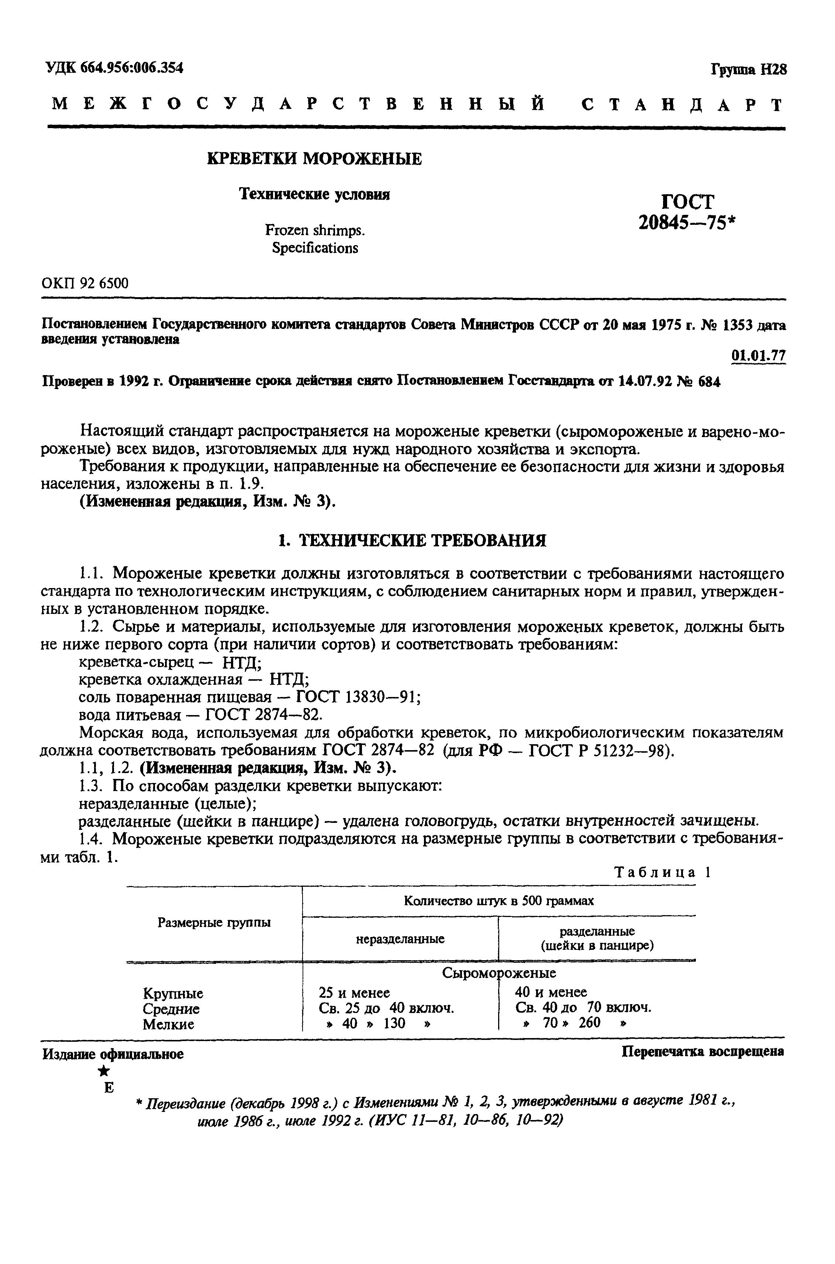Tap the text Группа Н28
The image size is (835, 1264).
pos(748,70)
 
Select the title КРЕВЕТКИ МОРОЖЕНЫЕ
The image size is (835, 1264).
pos(314,159)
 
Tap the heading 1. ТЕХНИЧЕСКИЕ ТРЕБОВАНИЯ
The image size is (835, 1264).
pos(413,541)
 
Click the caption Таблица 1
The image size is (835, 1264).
pos(663,872)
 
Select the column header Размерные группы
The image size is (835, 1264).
pos(214,923)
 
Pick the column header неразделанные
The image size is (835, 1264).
pos(400,939)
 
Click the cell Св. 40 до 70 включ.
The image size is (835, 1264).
pos(584,1007)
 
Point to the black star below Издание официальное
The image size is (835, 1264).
pos(106,1071)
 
